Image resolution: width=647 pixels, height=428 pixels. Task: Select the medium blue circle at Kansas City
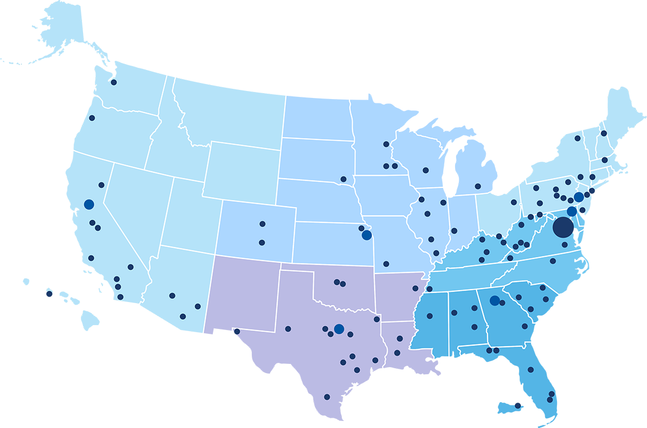(367, 235)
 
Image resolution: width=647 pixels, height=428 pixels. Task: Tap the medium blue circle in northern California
(89, 205)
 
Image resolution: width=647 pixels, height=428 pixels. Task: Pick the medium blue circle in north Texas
(339, 329)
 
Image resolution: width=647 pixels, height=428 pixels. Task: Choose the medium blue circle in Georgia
(494, 300)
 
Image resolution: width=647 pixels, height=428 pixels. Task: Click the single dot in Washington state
(114, 82)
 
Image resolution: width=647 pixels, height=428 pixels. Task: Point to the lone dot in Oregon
(92, 118)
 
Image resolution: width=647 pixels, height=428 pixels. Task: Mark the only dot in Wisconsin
(425, 170)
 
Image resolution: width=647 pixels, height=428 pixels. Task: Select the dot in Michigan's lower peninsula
(478, 186)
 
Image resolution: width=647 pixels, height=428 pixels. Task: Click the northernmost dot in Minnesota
(386, 144)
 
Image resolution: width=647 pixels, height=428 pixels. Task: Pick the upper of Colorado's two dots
(263, 223)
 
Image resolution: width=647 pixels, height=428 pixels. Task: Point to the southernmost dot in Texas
(327, 397)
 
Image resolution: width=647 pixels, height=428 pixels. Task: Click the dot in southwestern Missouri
(386, 264)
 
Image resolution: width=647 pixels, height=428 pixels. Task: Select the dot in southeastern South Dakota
(343, 179)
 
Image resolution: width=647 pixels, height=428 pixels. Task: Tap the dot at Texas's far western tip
(236, 332)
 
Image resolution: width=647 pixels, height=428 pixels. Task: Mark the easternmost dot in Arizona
(198, 306)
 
